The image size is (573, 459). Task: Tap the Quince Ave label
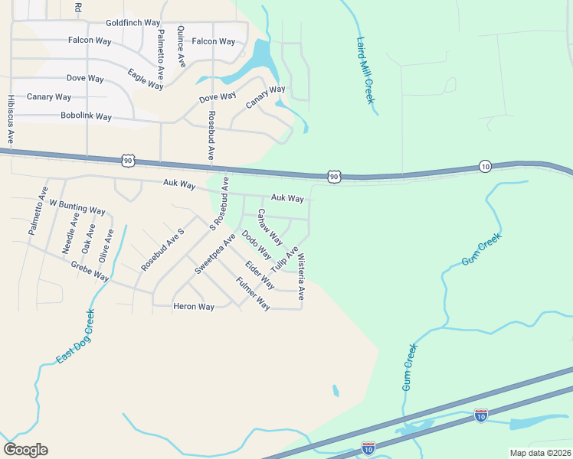[x=182, y=46]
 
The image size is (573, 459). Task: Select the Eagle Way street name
[x=146, y=79]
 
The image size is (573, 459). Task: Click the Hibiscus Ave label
[x=10, y=119]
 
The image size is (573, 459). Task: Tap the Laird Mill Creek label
[x=365, y=70]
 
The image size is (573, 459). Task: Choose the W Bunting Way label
[x=77, y=207]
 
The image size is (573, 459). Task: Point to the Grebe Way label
[x=90, y=271]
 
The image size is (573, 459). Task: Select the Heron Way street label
[x=194, y=307]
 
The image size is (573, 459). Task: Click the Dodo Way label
[x=256, y=245]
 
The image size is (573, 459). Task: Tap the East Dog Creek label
[x=75, y=336]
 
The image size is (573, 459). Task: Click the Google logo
[x=25, y=450]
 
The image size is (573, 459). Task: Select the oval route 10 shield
[x=485, y=166]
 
